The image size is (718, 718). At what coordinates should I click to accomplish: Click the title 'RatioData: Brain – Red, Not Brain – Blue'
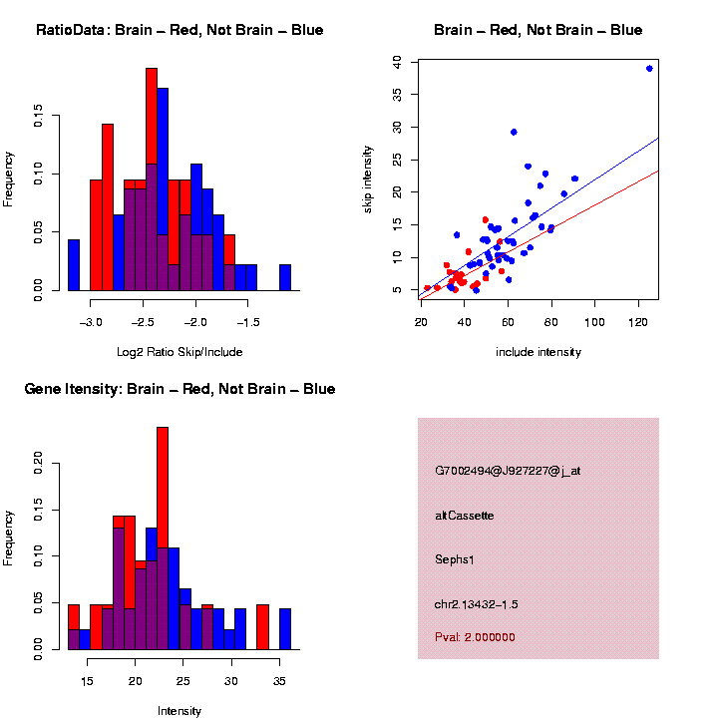[179, 31]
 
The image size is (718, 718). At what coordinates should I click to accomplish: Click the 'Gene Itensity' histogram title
[179, 389]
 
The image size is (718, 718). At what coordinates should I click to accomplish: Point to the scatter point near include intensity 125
[649, 68]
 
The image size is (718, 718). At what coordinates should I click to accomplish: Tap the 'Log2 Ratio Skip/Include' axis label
[179, 351]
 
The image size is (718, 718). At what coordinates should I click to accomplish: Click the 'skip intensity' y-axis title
[382, 178]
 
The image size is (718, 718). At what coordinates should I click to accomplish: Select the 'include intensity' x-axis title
[538, 352]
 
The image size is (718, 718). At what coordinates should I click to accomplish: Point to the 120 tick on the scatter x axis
[639, 321]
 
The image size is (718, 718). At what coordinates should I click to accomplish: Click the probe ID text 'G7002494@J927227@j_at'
[508, 471]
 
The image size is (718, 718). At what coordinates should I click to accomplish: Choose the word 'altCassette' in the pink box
[465, 516]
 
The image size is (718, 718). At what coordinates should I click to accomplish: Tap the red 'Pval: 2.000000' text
[475, 637]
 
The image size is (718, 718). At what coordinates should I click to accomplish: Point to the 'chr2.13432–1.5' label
[477, 604]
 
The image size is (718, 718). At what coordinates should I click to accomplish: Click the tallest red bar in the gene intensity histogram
[163, 538]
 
